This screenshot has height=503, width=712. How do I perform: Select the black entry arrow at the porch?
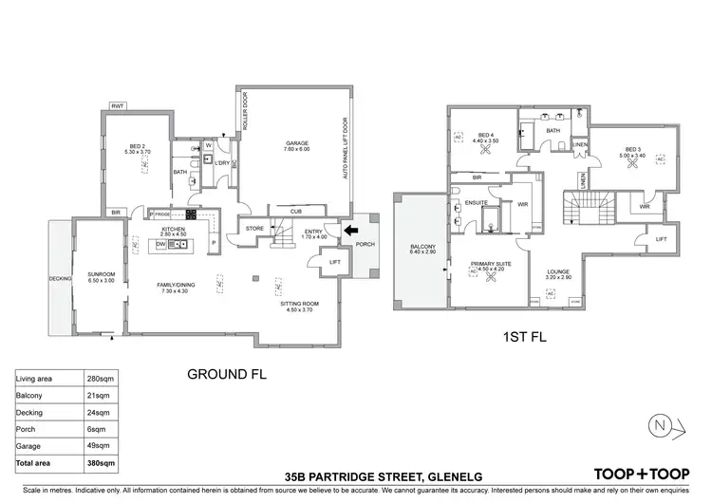click(350, 230)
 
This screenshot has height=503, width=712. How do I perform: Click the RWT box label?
click(119, 105)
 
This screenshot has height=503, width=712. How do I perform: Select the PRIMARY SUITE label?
click(493, 266)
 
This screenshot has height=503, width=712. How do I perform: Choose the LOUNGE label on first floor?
click(557, 273)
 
